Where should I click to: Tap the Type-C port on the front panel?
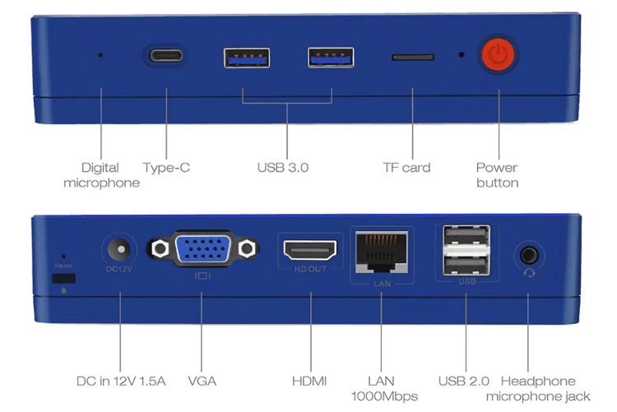click(166, 57)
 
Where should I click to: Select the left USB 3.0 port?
click(246, 58)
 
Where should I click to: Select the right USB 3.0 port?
click(331, 58)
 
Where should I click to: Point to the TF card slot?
click(413, 58)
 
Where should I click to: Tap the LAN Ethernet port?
click(380, 250)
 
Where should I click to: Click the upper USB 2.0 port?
click(466, 238)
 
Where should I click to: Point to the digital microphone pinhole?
click(101, 56)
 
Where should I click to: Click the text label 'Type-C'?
click(166, 168)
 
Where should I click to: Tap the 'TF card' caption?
click(406, 168)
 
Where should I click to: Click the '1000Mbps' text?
click(381, 396)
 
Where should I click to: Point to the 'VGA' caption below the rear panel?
click(202, 381)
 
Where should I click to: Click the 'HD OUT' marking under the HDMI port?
click(309, 270)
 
